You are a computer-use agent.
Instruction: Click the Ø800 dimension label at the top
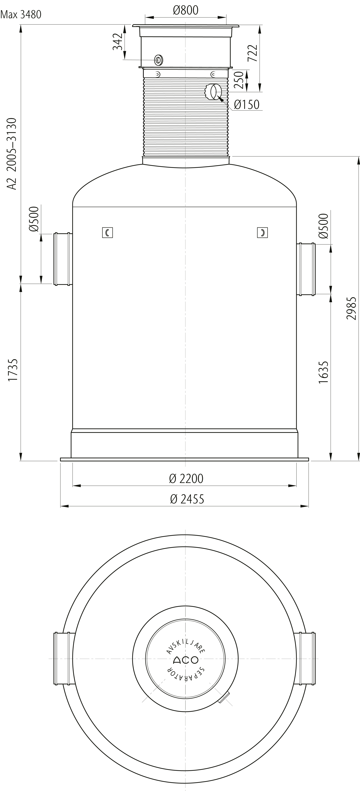(186, 10)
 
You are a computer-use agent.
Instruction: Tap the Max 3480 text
(21, 14)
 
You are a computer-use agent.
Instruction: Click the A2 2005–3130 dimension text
(12, 154)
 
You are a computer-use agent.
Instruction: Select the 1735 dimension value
(13, 370)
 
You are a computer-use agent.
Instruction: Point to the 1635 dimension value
(323, 372)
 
